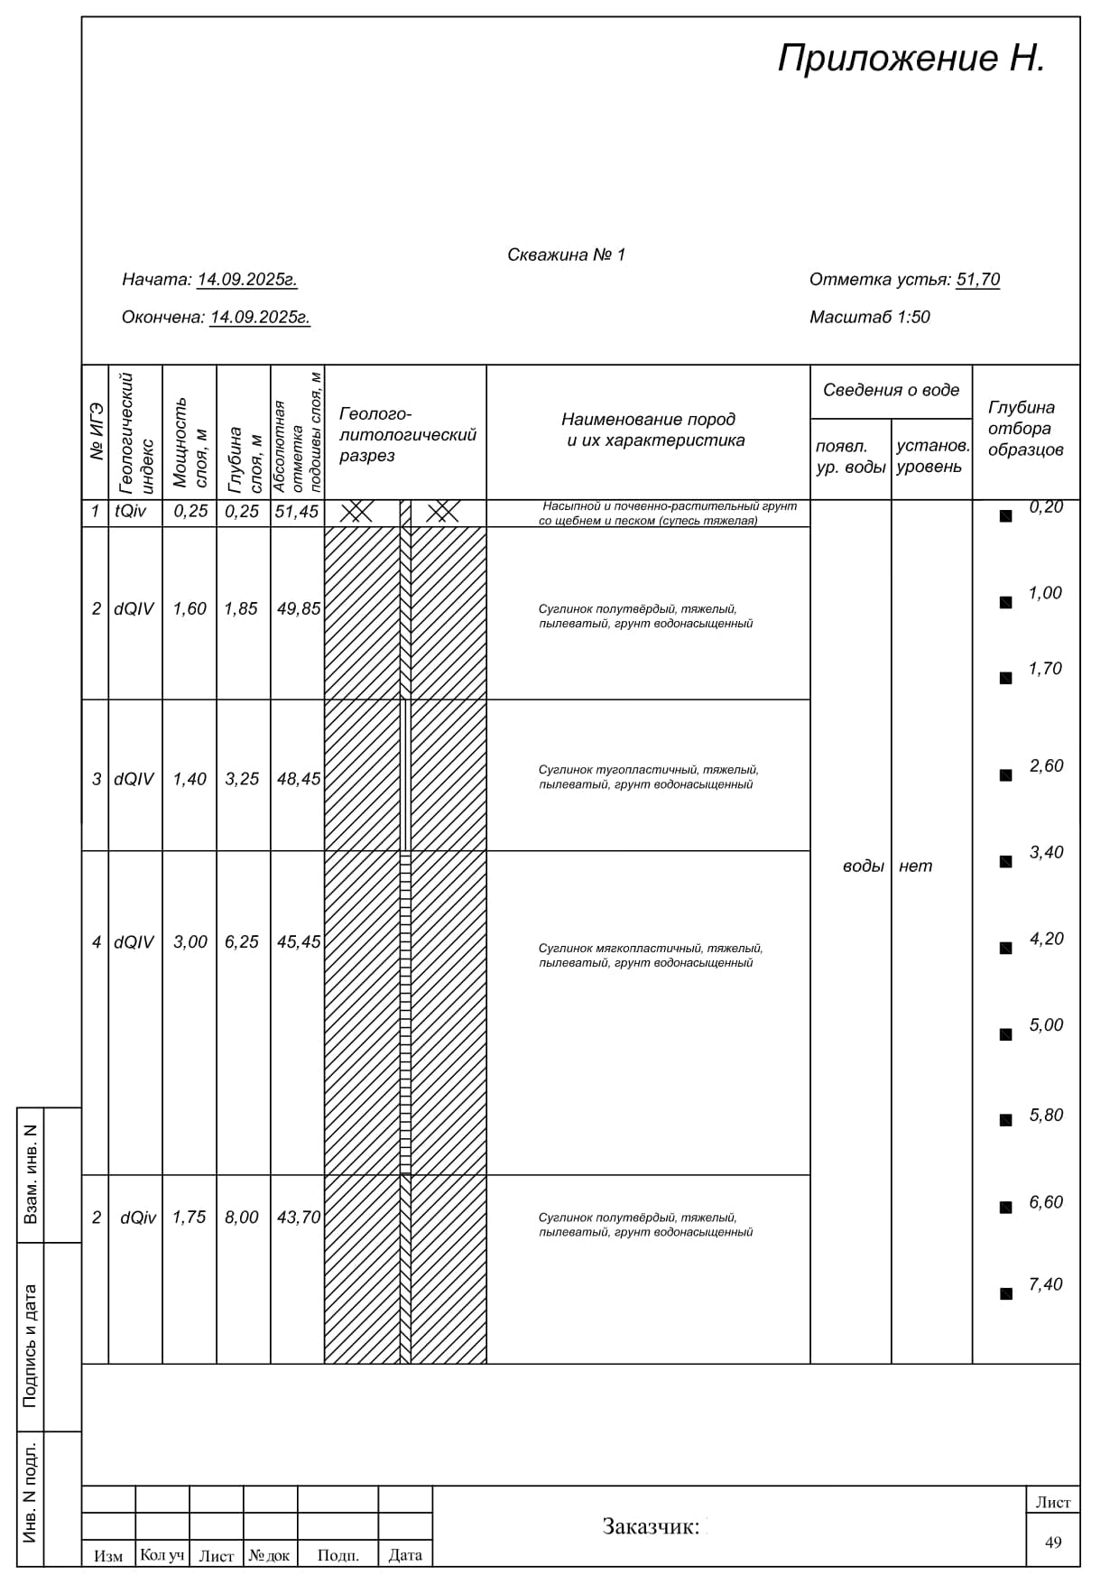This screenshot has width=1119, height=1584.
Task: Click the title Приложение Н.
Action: pos(911,59)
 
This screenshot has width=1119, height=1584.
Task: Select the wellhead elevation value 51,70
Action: pos(977,280)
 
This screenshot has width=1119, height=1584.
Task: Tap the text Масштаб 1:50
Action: pos(869,317)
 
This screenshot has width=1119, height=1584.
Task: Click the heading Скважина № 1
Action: pos(566,255)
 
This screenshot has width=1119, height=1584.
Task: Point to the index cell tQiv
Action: pos(131,512)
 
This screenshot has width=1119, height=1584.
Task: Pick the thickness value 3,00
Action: pos(190,942)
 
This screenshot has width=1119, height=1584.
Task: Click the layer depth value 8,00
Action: pos(242,1218)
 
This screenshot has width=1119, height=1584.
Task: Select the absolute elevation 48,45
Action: pos(299,779)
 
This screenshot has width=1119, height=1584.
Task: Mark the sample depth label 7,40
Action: pos(1046,1284)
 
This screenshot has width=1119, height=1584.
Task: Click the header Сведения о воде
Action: pos(891,391)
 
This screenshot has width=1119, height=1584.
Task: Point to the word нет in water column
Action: pos(915,866)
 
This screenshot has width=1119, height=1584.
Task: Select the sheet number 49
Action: pos(1053,1542)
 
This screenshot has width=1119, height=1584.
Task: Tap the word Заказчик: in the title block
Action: pos(651,1527)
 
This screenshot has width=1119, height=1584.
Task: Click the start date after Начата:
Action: pos(247,280)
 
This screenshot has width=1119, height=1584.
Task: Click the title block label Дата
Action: pos(405,1555)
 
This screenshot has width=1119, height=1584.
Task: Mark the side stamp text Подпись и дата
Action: pos(31,1346)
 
